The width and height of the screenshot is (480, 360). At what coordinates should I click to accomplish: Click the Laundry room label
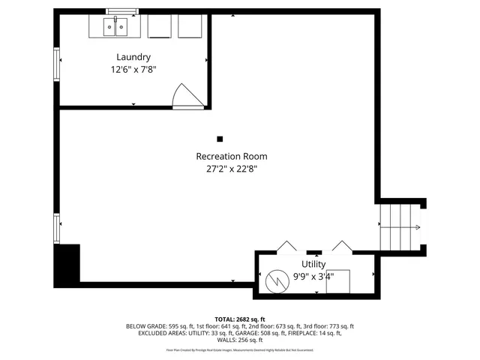(133, 57)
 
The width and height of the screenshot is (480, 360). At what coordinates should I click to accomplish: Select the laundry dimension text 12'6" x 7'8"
(133, 69)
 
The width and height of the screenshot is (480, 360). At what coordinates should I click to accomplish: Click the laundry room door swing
(186, 96)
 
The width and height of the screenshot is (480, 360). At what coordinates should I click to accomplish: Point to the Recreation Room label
(231, 156)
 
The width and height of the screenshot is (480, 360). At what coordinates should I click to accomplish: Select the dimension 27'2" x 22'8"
(231, 169)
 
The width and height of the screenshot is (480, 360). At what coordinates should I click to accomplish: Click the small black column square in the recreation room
(220, 139)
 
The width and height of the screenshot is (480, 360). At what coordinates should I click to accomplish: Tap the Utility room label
(313, 264)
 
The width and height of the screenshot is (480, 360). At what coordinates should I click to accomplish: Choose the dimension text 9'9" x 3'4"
(313, 276)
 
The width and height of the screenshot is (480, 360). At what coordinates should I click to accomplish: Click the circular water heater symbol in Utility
(275, 281)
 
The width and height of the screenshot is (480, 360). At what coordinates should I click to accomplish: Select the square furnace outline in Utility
(337, 280)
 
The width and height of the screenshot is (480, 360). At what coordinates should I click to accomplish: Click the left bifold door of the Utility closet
(286, 247)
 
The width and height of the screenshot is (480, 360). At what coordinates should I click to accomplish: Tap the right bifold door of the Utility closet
(341, 247)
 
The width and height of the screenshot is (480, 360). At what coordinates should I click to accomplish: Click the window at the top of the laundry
(122, 11)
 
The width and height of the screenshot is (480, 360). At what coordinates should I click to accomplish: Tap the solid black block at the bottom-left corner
(67, 265)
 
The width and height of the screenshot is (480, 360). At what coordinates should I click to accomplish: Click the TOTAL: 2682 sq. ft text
(240, 319)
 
